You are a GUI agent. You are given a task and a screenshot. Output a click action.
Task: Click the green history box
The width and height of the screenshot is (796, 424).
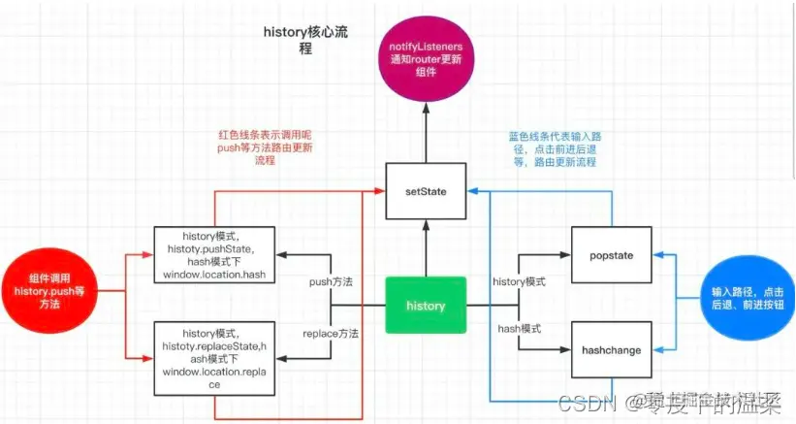click(x=426, y=305)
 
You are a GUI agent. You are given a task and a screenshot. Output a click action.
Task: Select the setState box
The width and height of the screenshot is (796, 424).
click(x=426, y=191)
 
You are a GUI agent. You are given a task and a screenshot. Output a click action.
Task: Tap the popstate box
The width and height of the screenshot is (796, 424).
click(x=610, y=255)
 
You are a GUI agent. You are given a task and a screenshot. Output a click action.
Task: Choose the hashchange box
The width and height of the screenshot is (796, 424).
click(x=610, y=349)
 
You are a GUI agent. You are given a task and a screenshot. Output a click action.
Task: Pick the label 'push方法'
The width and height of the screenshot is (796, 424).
click(x=331, y=281)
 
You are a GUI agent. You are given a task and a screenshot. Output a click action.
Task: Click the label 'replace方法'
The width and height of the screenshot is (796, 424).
click(x=331, y=333)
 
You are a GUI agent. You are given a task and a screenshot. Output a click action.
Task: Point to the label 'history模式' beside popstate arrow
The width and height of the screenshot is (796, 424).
click(x=520, y=281)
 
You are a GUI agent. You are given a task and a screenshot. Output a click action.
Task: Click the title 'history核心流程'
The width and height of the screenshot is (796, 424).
click(x=304, y=38)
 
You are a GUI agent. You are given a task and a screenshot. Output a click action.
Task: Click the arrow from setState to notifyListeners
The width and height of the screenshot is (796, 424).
click(x=426, y=131)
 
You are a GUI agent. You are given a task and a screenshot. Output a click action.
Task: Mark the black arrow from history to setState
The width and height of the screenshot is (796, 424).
click(x=426, y=247)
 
